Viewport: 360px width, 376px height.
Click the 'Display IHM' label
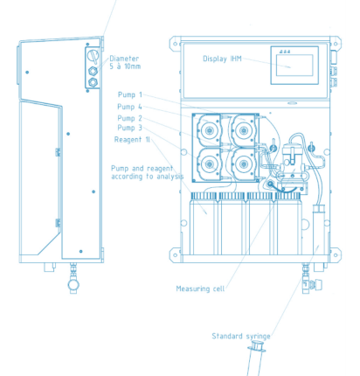(222, 59)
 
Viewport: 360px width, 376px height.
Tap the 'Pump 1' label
(130, 94)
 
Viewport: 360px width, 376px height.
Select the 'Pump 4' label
(129, 107)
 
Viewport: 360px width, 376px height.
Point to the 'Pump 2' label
(130, 118)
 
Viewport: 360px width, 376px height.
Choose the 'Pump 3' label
(130, 128)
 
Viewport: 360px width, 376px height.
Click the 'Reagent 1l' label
(132, 140)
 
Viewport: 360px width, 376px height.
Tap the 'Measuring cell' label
(200, 289)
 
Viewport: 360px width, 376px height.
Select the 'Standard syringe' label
(241, 337)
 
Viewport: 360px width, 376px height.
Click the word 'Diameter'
(124, 59)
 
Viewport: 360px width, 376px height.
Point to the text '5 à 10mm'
(125, 66)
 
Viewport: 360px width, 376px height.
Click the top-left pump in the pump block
(208, 130)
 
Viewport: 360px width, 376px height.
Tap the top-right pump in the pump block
(244, 130)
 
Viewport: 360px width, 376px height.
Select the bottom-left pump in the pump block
(208, 164)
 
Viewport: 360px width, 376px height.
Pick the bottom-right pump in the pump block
(244, 164)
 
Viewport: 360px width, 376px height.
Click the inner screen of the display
(294, 66)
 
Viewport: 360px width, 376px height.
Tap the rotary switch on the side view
(93, 55)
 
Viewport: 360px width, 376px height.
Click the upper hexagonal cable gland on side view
(93, 71)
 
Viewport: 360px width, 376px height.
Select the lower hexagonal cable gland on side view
(93, 82)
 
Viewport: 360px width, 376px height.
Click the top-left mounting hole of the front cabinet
(176, 44)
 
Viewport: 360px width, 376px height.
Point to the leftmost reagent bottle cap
(204, 196)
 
